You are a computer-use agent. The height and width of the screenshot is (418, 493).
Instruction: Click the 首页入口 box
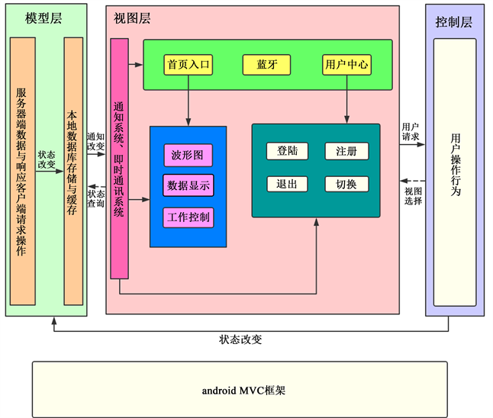click(188, 65)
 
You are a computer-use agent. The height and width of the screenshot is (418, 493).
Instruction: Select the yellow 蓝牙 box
click(266, 65)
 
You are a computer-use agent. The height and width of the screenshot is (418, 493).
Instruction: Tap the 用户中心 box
click(346, 65)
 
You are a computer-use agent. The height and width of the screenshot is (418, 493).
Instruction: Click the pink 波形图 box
click(188, 156)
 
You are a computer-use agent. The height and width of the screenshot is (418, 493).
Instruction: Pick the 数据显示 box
click(188, 185)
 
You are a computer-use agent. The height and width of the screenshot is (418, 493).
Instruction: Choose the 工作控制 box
click(188, 217)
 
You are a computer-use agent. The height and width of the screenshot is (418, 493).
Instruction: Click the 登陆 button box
click(287, 151)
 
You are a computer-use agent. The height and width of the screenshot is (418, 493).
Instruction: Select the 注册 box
click(346, 151)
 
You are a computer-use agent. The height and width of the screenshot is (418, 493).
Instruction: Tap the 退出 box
click(287, 184)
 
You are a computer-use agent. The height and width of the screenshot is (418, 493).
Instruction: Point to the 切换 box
click(346, 184)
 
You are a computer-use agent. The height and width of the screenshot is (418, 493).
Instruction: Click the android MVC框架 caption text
click(239, 390)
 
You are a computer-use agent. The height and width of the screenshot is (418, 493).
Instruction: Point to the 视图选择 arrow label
click(413, 195)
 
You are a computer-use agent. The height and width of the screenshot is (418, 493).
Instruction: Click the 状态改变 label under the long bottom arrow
click(240, 339)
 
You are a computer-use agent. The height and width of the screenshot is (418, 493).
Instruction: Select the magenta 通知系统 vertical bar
click(119, 159)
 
